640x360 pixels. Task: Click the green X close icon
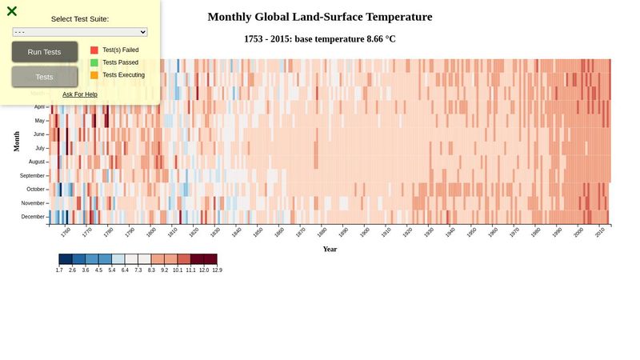[x=12, y=11]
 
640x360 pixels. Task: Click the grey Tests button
[x=45, y=77]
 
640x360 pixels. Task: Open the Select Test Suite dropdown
[x=80, y=32]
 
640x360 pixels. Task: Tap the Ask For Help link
[x=80, y=94]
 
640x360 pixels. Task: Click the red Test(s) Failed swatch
[x=94, y=50]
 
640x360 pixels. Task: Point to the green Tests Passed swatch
[x=94, y=62]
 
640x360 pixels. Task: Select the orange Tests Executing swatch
[x=94, y=75]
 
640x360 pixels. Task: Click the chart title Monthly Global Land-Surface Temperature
[x=320, y=17]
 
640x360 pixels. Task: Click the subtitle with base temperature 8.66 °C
[x=320, y=39]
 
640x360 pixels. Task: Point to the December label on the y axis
[x=33, y=217]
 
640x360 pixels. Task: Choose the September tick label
[x=32, y=175]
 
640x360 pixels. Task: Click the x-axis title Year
[x=330, y=249]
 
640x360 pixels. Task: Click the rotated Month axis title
[x=17, y=142]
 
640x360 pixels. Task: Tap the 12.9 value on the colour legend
[x=217, y=270]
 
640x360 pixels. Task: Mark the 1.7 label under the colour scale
[x=59, y=270]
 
